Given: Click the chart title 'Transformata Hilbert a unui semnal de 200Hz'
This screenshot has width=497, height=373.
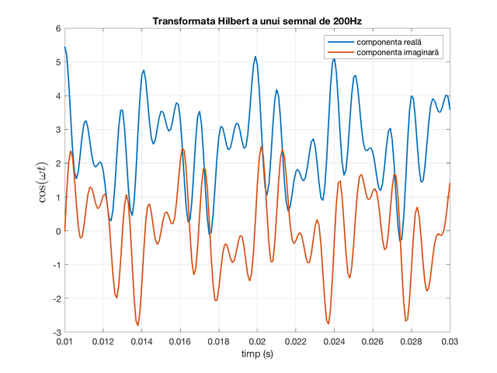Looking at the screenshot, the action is (x=257, y=21).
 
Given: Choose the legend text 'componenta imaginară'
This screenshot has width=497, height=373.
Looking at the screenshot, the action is (x=398, y=52).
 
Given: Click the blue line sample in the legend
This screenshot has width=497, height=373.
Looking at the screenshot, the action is (x=341, y=42).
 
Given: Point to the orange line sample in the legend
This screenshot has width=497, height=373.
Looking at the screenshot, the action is (x=341, y=52).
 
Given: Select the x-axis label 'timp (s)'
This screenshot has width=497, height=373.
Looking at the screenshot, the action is (x=257, y=354).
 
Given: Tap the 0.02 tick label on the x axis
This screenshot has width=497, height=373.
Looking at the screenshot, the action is (x=257, y=342).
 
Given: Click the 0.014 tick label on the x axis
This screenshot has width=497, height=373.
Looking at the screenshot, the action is (x=141, y=342).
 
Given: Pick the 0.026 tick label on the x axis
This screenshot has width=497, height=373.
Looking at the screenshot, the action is (x=373, y=342).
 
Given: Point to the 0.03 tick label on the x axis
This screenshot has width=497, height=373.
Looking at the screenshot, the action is (x=450, y=342).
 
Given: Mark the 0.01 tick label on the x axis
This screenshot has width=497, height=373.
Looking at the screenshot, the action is (x=64, y=342).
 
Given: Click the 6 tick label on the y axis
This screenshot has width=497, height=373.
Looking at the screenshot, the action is (x=58, y=29).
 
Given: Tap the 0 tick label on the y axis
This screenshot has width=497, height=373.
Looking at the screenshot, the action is (x=58, y=232).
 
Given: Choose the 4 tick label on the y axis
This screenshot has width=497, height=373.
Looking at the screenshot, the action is (x=58, y=96).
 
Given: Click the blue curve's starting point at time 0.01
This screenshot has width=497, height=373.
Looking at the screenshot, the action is (x=65, y=47).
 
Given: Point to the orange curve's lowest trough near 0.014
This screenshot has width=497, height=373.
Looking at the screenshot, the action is (x=138, y=325).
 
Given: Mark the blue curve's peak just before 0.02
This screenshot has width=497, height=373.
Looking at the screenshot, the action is (x=255, y=57).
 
